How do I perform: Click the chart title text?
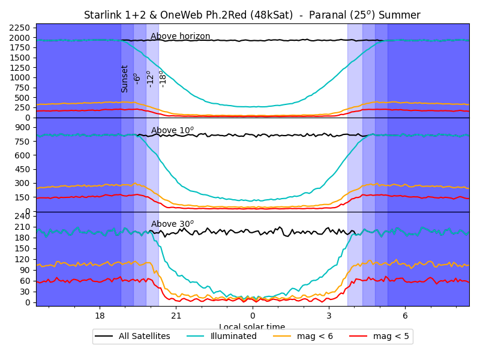[252, 15]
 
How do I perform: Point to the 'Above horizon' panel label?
[180, 37]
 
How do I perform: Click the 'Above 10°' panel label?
[172, 130]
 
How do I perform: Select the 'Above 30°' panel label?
[172, 224]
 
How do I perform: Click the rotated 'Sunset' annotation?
[125, 79]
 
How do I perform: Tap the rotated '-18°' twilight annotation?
[163, 79]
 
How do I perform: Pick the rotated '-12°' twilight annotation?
[150, 79]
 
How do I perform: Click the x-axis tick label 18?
[100, 316]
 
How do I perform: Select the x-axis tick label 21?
[176, 316]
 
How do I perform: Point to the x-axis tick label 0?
[253, 316]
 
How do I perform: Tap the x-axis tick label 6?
[405, 316]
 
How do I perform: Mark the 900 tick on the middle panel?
[25, 127]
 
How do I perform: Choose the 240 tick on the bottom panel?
[25, 216]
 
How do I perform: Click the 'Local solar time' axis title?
[252, 326]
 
